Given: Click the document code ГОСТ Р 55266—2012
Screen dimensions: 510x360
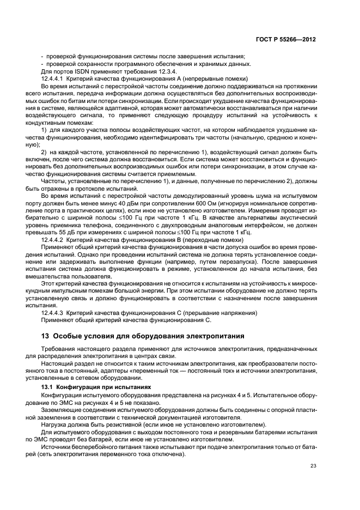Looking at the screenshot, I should [x=289, y=39].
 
